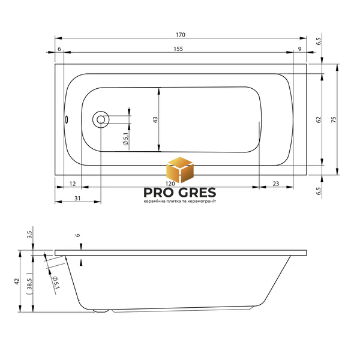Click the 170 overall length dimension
click(x=181, y=35)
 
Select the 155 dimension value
click(x=178, y=49)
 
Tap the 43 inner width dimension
click(x=155, y=120)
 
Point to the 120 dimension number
click(x=170, y=184)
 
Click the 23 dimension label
click(x=276, y=184)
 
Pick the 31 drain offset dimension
click(x=77, y=198)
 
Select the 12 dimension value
click(x=73, y=184)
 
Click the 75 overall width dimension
click(x=334, y=119)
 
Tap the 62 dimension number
click(x=319, y=119)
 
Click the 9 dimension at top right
click(x=299, y=49)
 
